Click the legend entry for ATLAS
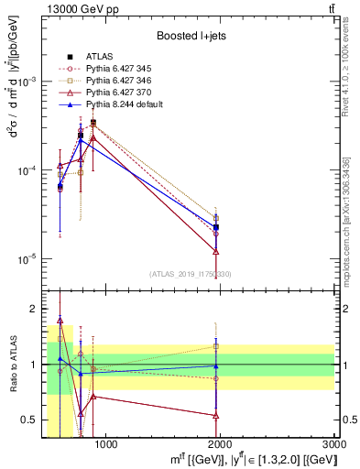(x=98, y=56)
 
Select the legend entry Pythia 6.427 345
(x=115, y=68)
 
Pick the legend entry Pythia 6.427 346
(x=115, y=81)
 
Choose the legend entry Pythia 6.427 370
(x=115, y=93)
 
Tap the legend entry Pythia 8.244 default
(x=120, y=104)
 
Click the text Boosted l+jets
(x=191, y=36)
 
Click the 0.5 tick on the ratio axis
(x=34, y=420)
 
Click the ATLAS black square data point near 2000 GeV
(x=216, y=227)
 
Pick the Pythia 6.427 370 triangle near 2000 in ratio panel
(x=216, y=415)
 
